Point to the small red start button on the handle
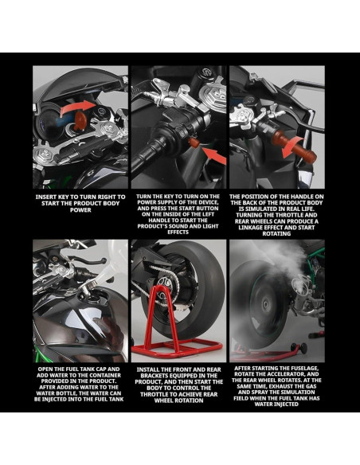[194, 143]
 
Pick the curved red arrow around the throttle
[293, 147]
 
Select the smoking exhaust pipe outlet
[299, 284]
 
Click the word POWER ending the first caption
[80, 210]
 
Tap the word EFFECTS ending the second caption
[178, 232]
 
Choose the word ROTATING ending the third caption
[276, 233]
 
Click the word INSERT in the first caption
[46, 197]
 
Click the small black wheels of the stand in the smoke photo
[299, 348]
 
